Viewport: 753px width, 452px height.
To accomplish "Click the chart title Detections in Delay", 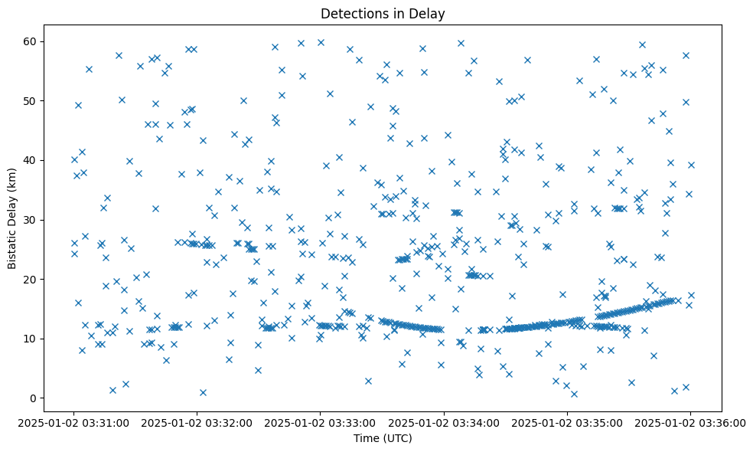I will [383, 14].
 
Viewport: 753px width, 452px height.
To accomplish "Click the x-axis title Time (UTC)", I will [383, 438].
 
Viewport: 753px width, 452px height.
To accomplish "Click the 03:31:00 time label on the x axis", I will [74, 422].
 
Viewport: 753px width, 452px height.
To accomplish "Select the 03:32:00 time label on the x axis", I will [197, 422].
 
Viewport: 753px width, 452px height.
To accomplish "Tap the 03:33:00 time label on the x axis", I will [321, 422].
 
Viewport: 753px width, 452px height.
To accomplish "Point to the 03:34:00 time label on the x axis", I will [444, 422].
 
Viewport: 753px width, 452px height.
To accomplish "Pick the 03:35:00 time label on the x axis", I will [567, 422].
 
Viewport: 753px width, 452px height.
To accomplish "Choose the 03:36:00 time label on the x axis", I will [690, 422].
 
